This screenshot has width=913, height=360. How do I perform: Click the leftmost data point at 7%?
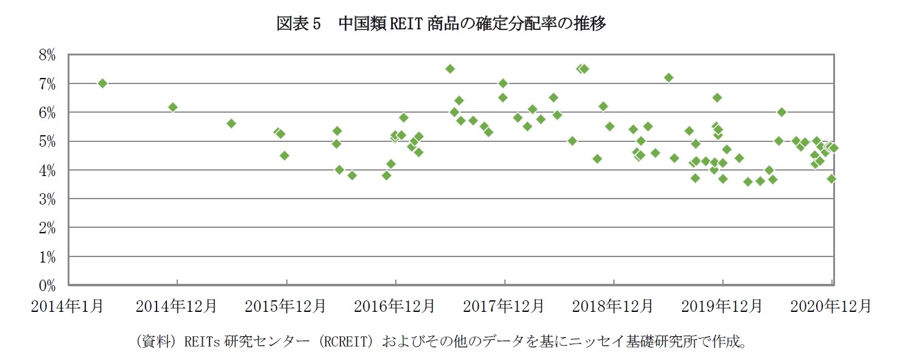102,83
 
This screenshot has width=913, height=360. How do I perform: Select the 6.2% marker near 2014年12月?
173,107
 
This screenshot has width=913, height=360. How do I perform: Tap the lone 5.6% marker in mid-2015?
231,123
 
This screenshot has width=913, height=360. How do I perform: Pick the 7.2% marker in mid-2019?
668,77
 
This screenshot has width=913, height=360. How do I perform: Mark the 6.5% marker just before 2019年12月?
717,97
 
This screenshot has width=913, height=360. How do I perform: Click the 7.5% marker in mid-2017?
450,69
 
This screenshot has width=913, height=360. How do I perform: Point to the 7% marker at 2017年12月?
502,83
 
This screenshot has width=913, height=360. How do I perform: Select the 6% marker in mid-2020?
781,112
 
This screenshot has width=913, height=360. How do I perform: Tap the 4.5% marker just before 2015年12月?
284,155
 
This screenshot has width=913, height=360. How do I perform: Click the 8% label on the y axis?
47,55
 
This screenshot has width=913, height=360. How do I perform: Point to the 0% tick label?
47,285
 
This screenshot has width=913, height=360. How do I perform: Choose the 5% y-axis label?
47,141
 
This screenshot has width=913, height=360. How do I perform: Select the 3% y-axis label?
47,199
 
